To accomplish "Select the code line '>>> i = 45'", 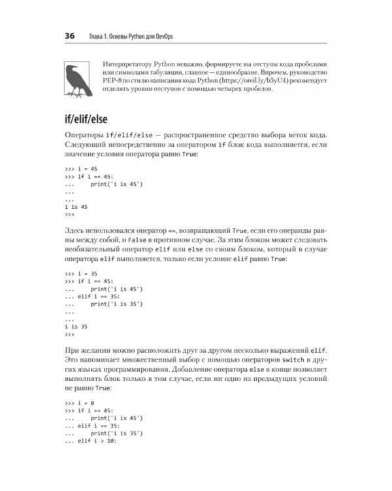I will tap(81, 168).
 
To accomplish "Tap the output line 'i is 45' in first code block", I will tap(76, 206).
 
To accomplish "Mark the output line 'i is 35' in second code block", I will tap(76, 325).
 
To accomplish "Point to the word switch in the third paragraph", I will tap(282, 361).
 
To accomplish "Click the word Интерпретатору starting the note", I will tap(126, 62).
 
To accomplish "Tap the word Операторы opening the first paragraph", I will tap(85, 134).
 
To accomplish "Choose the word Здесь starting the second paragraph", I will tap(76, 231).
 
